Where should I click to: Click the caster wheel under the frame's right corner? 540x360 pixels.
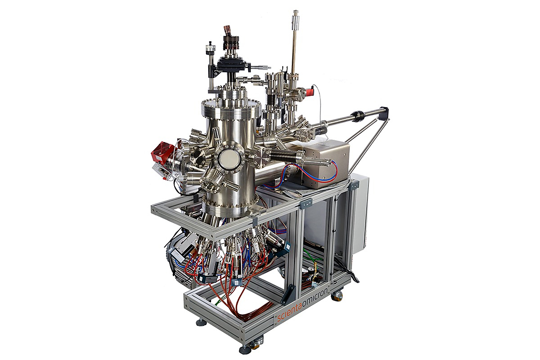[x=337, y=296]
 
